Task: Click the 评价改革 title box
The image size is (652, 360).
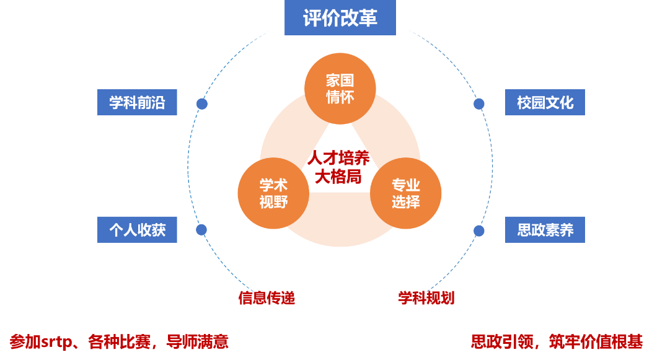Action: tap(340, 18)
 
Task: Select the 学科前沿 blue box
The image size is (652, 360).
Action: tap(137, 102)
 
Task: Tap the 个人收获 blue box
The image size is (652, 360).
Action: tap(137, 230)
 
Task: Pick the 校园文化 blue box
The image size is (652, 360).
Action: tap(545, 102)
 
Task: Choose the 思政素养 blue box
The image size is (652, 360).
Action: tap(545, 230)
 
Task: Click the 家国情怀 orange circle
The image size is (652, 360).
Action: tap(340, 89)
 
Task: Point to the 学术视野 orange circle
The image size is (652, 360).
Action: tap(273, 193)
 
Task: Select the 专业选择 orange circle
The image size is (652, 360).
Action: tap(406, 193)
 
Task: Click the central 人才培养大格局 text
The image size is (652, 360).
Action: tap(338, 167)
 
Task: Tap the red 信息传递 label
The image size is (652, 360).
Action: tap(267, 298)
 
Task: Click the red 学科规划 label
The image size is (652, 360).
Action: tap(426, 298)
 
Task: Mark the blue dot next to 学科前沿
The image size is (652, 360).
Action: tap(202, 104)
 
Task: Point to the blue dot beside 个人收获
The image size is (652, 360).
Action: tap(201, 230)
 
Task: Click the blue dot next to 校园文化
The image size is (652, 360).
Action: tap(479, 104)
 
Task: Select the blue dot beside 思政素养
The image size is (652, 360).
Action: tap(479, 230)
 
